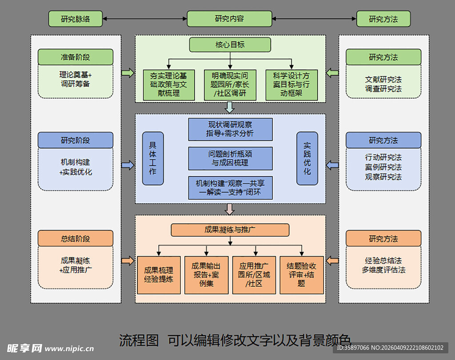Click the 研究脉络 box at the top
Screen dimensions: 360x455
[x=75, y=19]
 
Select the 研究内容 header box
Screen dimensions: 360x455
[x=229, y=19]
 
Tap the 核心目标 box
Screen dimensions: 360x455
[x=230, y=45]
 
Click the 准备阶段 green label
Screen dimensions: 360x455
[x=75, y=57]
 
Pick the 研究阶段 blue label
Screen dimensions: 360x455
[x=75, y=140]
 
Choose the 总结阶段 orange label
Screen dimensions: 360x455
[x=75, y=238]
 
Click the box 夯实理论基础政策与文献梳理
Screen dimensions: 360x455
[x=169, y=85]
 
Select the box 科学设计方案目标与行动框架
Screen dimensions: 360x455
[x=291, y=85]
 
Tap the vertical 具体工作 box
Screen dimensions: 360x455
[x=153, y=158]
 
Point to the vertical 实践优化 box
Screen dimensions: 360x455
[x=307, y=158]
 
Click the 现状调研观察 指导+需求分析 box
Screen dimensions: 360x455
[x=230, y=129]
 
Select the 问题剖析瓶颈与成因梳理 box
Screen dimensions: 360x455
[x=230, y=158]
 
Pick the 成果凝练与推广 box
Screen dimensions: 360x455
[x=230, y=230]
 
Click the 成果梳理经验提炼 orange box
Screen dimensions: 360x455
[x=159, y=275]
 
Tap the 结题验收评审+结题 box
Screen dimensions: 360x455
[x=302, y=275]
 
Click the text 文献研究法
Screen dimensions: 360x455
[x=383, y=79]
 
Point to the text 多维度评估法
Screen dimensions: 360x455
[x=383, y=270]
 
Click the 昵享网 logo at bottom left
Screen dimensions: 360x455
[x=25, y=348]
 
